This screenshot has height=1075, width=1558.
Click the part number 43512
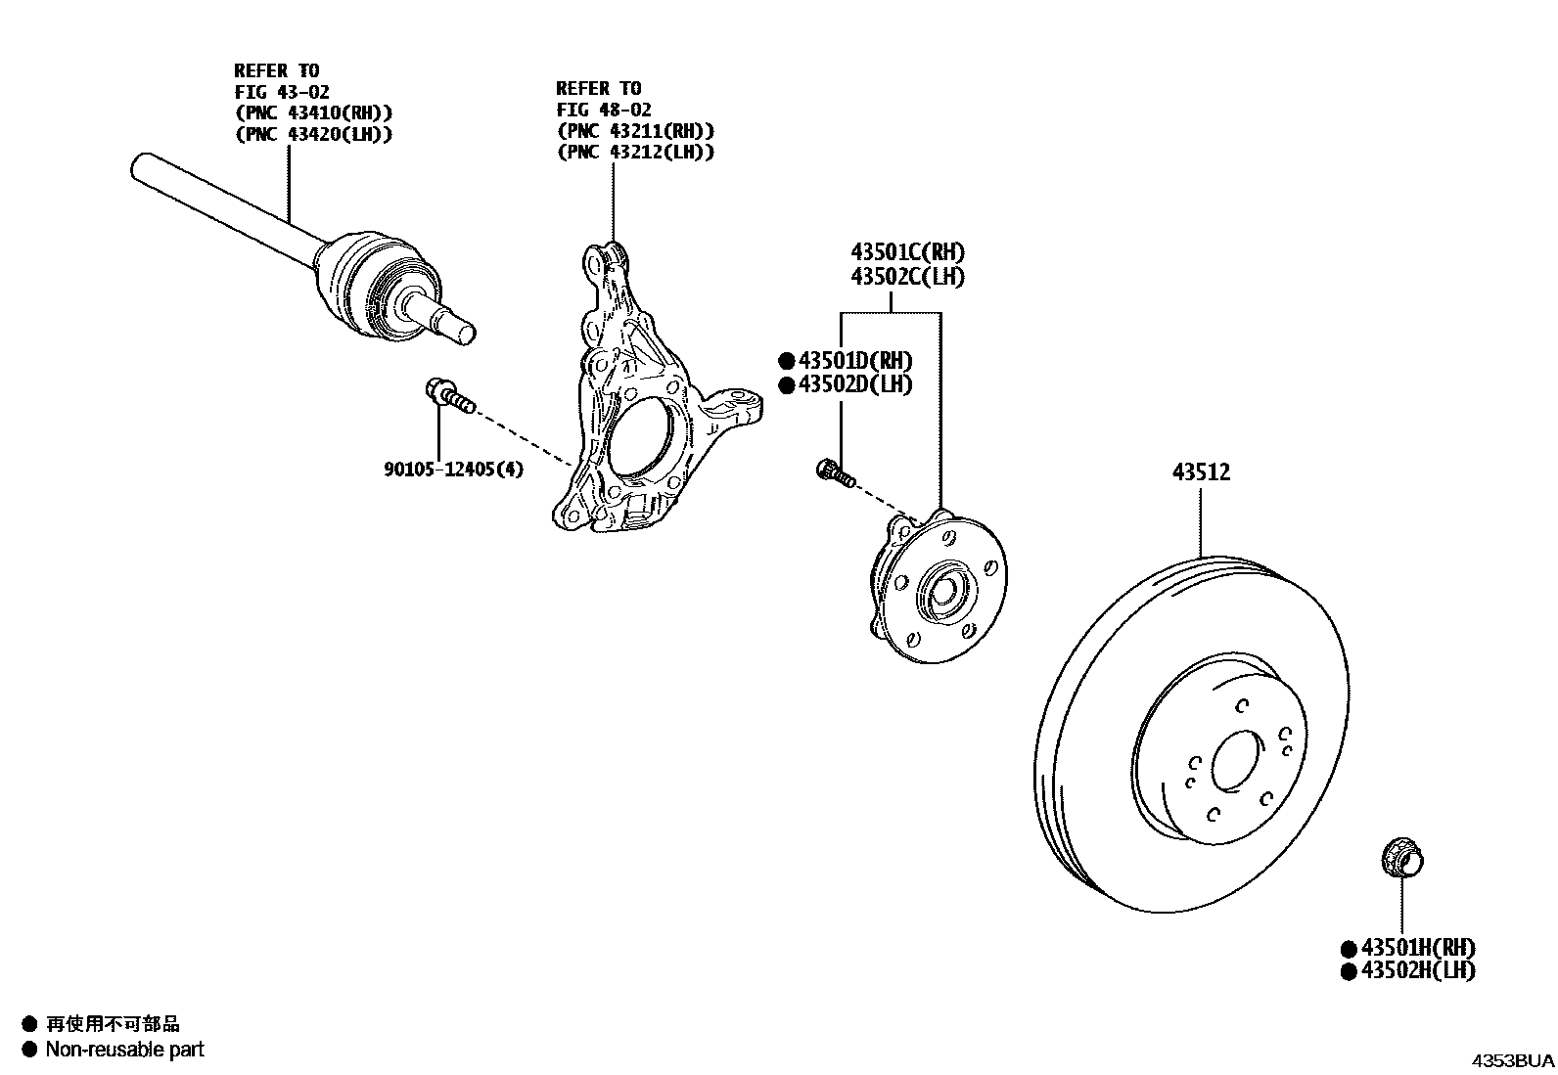1201,472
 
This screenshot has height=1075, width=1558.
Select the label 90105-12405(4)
453,470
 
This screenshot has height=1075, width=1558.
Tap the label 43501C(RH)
907,252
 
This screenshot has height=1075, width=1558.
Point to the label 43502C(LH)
907,277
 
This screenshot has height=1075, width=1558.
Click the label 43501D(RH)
854,360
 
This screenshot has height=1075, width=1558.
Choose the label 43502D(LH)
854,384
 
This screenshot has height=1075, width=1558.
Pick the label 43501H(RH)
1417,947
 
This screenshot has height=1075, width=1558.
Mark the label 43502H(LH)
1417,970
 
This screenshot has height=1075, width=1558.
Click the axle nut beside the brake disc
1401,859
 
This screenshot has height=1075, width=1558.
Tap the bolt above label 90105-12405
448,394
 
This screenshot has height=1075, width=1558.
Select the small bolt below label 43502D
835,472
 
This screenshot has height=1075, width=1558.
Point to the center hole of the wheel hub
943,591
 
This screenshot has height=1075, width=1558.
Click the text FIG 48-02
604,110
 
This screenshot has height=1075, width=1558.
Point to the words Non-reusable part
124,1050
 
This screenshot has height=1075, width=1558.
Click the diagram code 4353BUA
1514,1060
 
